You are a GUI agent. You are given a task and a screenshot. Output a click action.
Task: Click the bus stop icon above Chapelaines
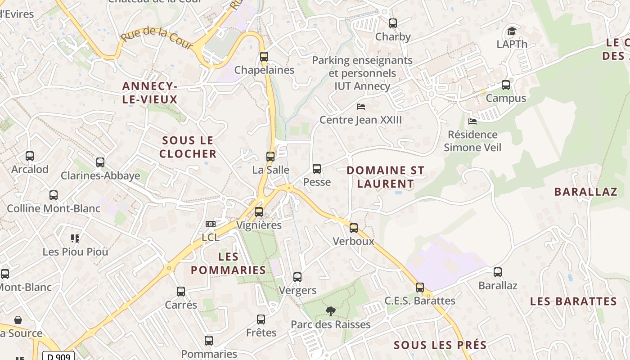(x=264, y=57)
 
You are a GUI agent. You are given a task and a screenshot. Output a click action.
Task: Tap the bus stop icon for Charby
(x=393, y=23)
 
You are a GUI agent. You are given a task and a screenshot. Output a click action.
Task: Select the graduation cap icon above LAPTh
(x=512, y=31)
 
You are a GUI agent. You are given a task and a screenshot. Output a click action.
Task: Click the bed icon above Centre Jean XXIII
(x=360, y=107)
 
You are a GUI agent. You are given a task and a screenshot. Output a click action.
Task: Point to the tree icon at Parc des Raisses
(x=331, y=311)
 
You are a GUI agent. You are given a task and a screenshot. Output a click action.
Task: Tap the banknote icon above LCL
(x=210, y=224)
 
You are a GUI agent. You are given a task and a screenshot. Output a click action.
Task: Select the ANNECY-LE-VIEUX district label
(x=150, y=93)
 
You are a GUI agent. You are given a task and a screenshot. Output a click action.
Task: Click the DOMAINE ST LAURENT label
(x=386, y=177)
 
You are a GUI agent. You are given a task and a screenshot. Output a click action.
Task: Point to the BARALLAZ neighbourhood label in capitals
(x=585, y=192)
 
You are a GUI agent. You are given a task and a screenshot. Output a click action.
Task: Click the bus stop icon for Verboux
(x=354, y=228)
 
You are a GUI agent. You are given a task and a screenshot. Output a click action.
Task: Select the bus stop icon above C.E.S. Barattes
(x=420, y=288)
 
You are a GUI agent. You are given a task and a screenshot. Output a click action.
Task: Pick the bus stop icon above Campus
(x=506, y=85)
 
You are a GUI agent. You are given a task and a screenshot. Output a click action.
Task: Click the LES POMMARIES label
(x=229, y=263)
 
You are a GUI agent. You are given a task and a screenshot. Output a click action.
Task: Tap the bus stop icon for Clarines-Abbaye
(x=100, y=162)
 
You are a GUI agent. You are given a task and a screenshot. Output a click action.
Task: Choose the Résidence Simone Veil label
(x=472, y=141)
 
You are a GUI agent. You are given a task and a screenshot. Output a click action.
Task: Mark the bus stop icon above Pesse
(x=317, y=169)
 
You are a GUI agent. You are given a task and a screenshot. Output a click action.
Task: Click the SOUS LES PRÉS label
(x=440, y=345)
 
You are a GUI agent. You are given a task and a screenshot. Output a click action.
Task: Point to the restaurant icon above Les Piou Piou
(x=75, y=238)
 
